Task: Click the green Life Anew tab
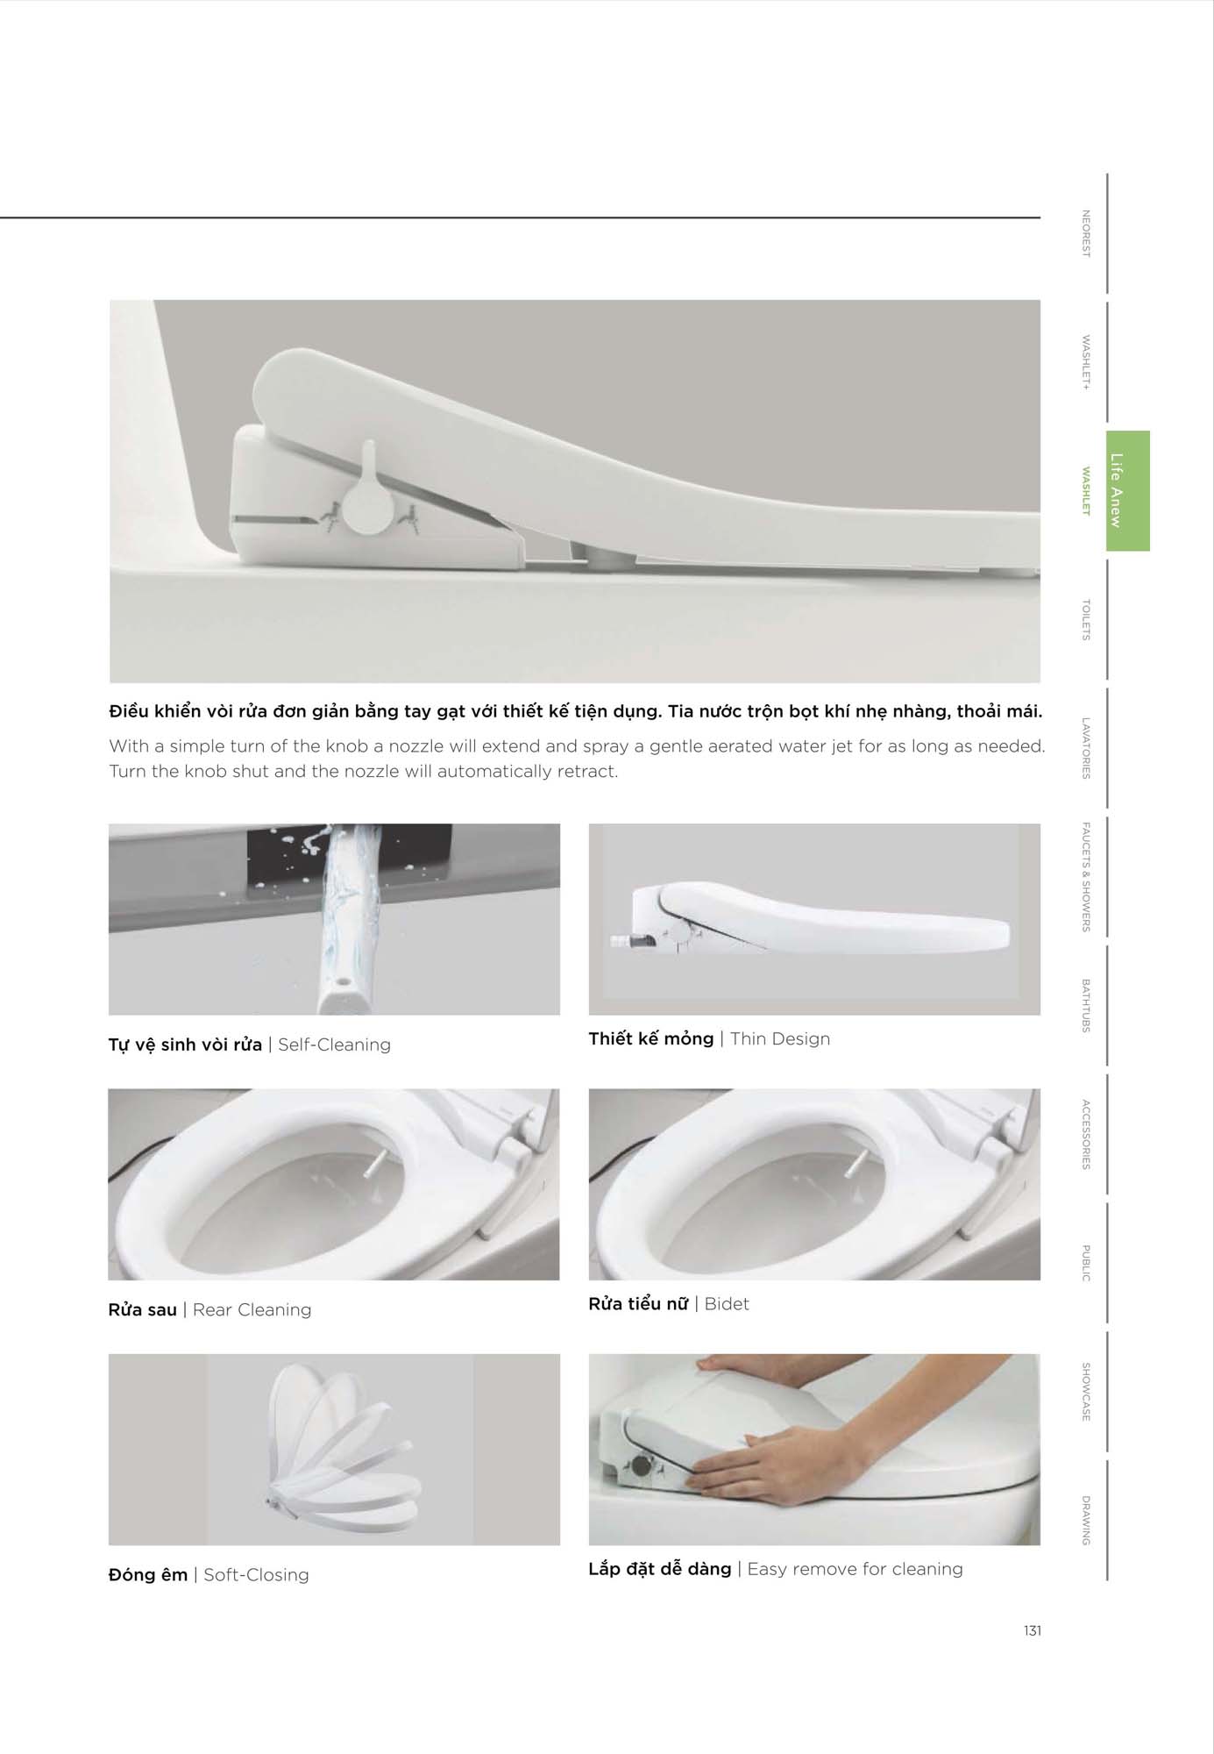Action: click(1127, 490)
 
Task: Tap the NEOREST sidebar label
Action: click(1086, 233)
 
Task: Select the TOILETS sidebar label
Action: click(1086, 620)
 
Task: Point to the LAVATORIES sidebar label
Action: click(1086, 748)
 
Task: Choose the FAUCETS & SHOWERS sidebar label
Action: click(1086, 876)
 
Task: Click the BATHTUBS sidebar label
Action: click(1086, 1005)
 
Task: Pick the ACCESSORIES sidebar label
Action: click(1086, 1134)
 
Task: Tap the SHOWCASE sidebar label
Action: click(1086, 1392)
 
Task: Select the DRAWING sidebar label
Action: click(1086, 1521)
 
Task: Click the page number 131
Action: click(1033, 1630)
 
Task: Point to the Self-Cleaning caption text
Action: click(334, 1045)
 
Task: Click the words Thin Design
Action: click(780, 1039)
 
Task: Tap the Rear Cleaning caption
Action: click(252, 1309)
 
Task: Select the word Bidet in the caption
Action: click(727, 1304)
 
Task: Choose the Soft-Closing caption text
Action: click(256, 1575)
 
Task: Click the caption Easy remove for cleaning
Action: click(855, 1569)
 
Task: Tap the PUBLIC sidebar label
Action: click(1086, 1263)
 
